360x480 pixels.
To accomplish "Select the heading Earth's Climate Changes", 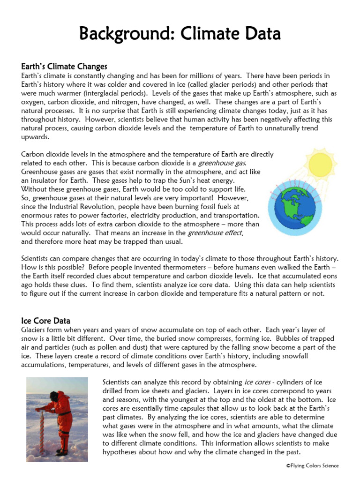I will click(x=64, y=67).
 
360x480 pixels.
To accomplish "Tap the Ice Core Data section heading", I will click(x=46, y=321).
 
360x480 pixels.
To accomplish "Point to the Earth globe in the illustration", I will click(x=292, y=205).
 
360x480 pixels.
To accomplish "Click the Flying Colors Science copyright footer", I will click(x=312, y=465).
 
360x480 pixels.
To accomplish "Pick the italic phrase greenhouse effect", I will click(x=215, y=233).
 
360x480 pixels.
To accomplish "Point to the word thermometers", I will click(x=173, y=268).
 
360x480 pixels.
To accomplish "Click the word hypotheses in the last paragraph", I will click(x=122, y=452).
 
